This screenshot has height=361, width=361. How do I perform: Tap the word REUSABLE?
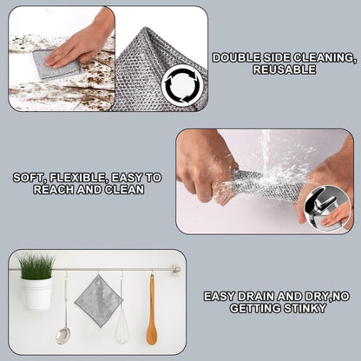pos(283,69)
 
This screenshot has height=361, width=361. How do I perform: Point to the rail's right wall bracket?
pos(176,270)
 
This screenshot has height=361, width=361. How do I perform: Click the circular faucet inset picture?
pos(333,208)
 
